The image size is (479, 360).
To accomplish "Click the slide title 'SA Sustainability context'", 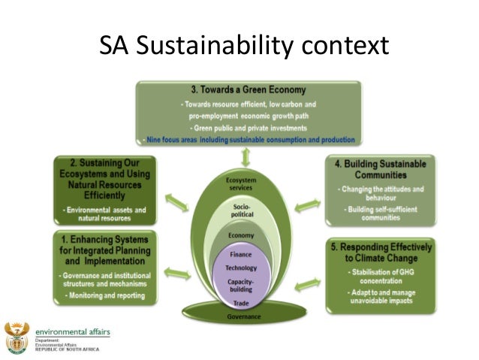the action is coord(244,46).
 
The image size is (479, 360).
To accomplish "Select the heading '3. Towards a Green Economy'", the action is coord(249,90).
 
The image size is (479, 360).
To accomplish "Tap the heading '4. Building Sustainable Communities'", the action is coord(380,169).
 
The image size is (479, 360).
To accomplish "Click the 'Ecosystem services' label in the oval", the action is coord(240,185).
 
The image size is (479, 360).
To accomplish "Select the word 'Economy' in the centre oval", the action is coord(240,235).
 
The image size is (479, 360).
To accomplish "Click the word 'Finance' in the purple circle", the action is coord(240,256).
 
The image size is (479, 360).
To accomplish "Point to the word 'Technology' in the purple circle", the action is coord(240,268).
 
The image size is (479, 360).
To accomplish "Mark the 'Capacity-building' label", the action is coord(240,285).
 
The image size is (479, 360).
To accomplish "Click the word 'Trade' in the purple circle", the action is coord(240,302).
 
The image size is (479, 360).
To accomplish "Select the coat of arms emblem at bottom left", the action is coord(16,337).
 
